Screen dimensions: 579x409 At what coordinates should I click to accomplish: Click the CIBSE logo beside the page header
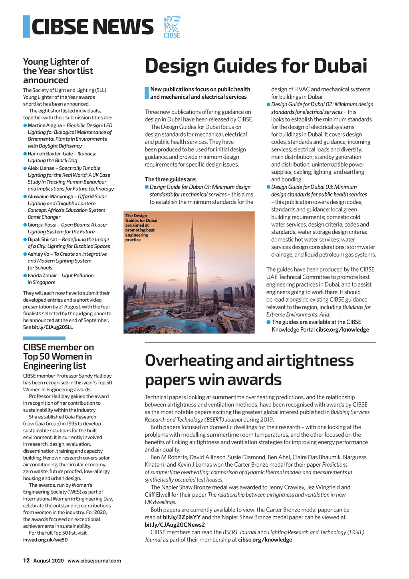tap(172, 27)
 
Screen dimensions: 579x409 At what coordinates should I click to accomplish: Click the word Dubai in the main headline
tap(340, 66)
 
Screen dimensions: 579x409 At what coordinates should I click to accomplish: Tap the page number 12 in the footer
tap(26, 561)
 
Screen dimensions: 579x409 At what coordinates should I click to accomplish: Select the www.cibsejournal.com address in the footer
tap(94, 561)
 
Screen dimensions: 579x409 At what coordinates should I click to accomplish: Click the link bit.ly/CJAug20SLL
tap(52, 327)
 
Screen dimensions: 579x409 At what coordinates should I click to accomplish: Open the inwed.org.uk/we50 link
tap(45, 540)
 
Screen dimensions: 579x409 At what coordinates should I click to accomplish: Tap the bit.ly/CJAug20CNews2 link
tap(175, 525)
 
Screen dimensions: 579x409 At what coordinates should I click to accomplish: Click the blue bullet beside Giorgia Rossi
tap(25, 225)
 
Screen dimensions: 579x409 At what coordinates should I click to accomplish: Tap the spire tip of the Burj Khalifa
tap(192, 219)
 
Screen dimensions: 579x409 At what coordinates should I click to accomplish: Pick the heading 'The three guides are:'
tap(171, 179)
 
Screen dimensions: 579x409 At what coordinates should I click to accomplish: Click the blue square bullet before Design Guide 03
tap(268, 187)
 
